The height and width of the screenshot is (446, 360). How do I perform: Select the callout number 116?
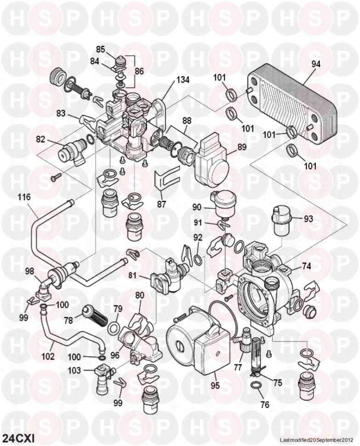pos(24,197)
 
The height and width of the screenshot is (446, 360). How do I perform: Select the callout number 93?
pos(308,219)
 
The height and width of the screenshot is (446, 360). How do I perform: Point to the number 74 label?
pos(306,266)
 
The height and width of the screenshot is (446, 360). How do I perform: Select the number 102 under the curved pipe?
pos(48,356)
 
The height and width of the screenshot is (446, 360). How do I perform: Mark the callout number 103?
pos(74,370)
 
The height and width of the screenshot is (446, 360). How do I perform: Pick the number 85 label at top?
pos(101,48)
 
